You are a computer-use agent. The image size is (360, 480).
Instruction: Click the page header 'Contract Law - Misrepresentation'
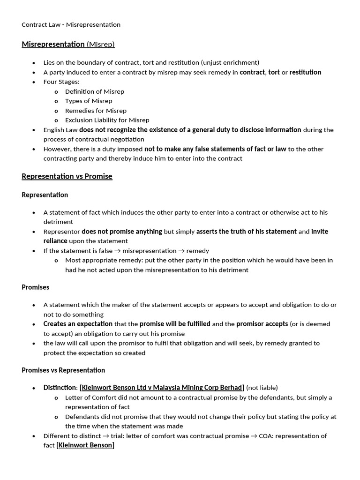click(71, 24)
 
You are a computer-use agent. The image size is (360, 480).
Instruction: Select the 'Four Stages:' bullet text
click(61, 82)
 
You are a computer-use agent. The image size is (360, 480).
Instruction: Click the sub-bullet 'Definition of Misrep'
click(95, 91)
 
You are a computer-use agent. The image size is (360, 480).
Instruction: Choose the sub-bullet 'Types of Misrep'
click(89, 101)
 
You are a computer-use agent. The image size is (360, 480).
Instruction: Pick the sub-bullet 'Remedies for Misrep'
click(96, 111)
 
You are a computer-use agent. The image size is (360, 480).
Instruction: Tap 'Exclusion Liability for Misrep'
click(107, 120)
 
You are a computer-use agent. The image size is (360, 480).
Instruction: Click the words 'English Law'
click(60, 130)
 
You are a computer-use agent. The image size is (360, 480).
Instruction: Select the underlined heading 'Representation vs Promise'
click(67, 176)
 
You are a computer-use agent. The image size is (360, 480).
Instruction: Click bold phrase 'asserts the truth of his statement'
click(246, 231)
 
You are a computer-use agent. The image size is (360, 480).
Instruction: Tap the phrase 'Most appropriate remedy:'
click(102, 260)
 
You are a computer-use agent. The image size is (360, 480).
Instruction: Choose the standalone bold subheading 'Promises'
click(36, 287)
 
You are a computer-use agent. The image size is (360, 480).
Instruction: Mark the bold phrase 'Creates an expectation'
click(78, 324)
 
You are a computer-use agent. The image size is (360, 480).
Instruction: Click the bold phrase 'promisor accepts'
click(262, 324)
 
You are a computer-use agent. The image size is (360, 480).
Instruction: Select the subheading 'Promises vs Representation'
click(63, 370)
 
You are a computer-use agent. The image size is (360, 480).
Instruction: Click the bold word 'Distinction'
click(60, 388)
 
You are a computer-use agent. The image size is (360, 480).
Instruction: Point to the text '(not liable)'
click(262, 388)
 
